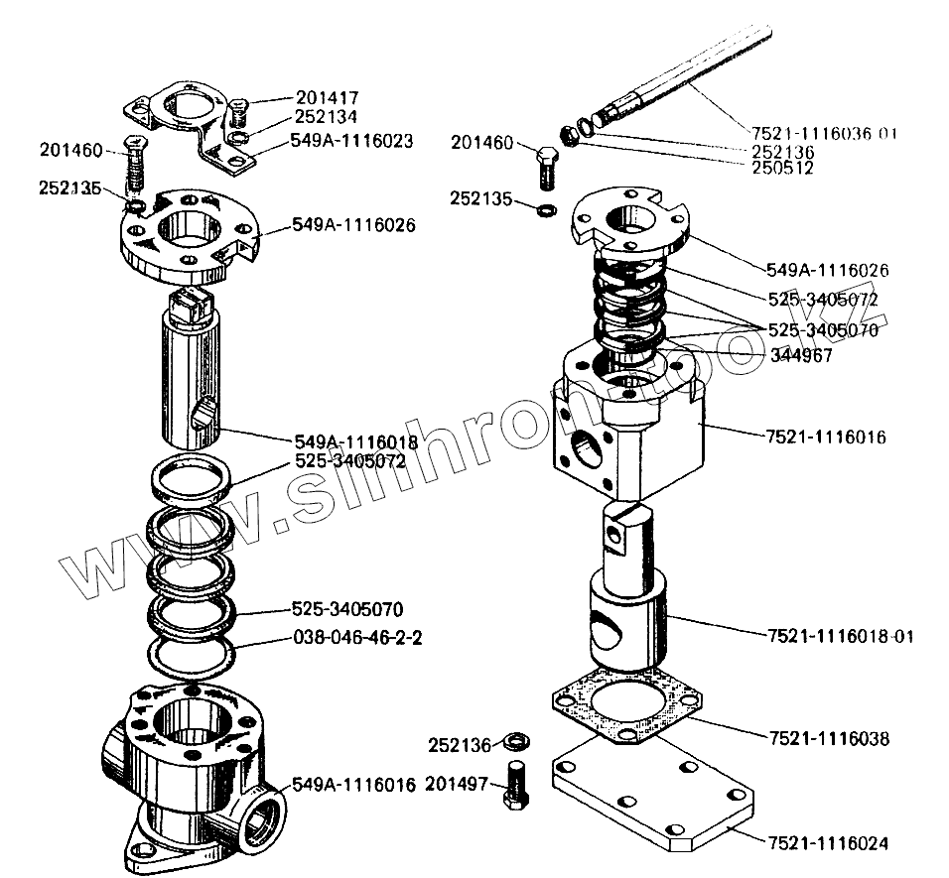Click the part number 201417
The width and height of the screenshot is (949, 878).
tap(327, 97)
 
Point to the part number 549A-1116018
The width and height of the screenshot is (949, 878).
tap(354, 441)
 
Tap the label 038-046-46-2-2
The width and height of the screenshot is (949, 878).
tap(357, 639)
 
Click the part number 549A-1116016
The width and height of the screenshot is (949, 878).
tap(352, 785)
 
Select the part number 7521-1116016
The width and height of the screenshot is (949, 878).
tap(826, 437)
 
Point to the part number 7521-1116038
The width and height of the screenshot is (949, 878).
tap(829, 738)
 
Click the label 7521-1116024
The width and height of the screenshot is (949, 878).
tap(828, 843)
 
